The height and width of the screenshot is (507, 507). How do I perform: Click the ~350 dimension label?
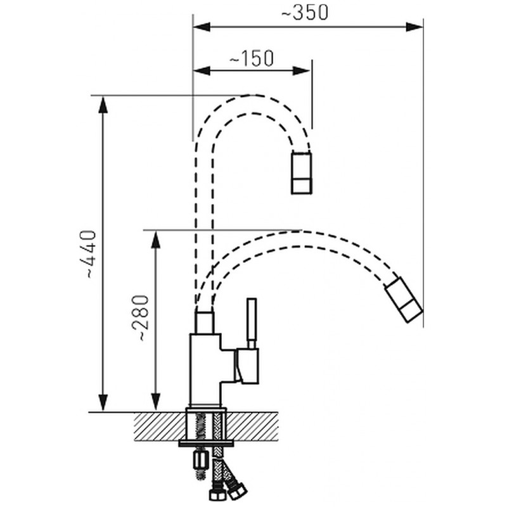click(305, 13)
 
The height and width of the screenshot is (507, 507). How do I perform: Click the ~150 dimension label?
click(252, 58)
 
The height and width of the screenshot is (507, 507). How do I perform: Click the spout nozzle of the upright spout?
click(302, 172)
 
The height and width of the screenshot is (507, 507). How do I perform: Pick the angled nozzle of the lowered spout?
click(404, 299)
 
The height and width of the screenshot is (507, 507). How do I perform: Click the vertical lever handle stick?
click(252, 323)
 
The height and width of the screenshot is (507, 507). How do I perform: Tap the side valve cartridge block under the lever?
click(247, 366)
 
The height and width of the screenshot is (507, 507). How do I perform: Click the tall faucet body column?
click(205, 370)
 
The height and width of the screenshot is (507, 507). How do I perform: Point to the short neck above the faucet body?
click(204, 323)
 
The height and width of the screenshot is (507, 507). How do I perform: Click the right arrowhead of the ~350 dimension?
click(414, 27)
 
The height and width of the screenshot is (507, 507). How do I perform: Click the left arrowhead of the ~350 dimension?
click(202, 27)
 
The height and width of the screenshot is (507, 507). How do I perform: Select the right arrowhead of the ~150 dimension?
click(302, 71)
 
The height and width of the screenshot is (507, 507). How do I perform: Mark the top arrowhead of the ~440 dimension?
click(103, 105)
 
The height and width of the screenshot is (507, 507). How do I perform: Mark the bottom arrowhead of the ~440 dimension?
click(103, 403)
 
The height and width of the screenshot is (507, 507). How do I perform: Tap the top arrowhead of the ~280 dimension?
click(156, 240)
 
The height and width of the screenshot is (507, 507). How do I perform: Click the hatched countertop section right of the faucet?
click(252, 426)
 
